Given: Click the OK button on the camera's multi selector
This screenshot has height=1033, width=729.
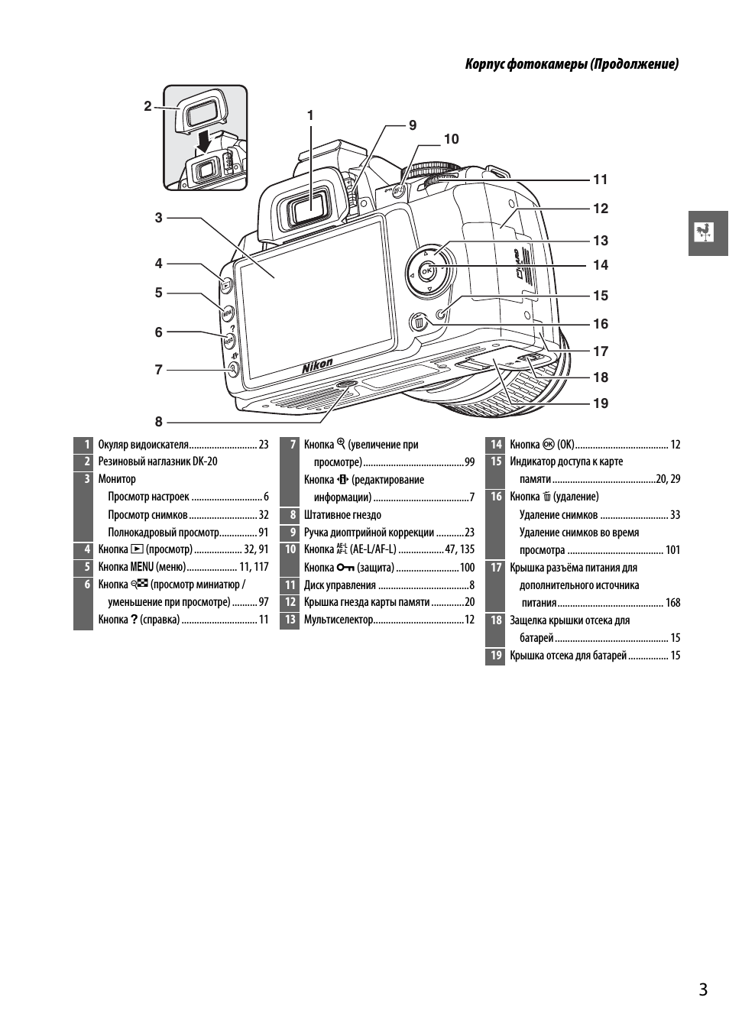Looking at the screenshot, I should coord(426,271).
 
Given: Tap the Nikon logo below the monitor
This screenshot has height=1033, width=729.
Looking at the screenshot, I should coord(318,368).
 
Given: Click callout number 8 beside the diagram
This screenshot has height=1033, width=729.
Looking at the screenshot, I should coord(159,421).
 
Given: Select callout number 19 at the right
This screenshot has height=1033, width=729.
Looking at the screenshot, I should coord(601,403).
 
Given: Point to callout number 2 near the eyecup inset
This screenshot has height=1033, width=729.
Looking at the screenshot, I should coord(148,106).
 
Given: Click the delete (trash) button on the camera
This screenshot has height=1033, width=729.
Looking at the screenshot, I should coord(419,322).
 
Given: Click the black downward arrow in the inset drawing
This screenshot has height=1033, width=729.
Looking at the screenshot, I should coord(204,141).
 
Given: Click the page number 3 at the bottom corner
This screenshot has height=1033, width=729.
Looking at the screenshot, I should coord(702,989).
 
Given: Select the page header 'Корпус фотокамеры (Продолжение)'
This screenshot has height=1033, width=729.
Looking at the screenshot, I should coord(572,64).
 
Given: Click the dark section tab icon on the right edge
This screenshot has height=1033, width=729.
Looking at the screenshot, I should coord(708,232).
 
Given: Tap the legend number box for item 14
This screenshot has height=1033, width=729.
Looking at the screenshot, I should coord(495,444).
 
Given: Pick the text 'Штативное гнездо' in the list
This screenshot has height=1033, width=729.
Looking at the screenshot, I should coord(342,514).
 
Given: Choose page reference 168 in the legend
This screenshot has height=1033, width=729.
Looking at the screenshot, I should coord(672,602).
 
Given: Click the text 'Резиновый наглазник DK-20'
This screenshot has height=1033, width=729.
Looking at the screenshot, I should coord(157,461).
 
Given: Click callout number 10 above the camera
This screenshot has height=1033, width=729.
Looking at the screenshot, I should coord(451,138).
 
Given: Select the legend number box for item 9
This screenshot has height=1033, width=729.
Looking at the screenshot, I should coord(290,532).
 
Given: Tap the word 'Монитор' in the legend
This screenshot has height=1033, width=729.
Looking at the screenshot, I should coord(117,479).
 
